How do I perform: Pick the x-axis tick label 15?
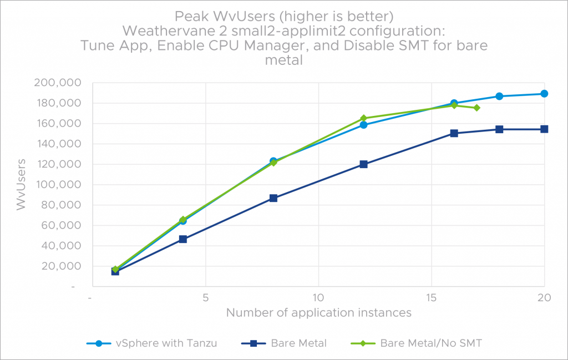[x=431, y=297]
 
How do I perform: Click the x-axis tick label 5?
[x=205, y=297]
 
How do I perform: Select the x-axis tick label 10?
[x=318, y=297]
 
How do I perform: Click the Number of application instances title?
[x=318, y=313]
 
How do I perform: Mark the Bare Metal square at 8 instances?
[x=273, y=198]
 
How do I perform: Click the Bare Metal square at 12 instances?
[x=363, y=164]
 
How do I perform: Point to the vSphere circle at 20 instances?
[x=544, y=94]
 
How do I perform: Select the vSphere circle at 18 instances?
[x=499, y=96]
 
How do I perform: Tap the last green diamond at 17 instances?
[x=476, y=108]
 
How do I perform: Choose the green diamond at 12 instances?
[x=363, y=118]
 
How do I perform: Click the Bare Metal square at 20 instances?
[x=544, y=129]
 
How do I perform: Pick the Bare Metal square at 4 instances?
[x=183, y=239]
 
